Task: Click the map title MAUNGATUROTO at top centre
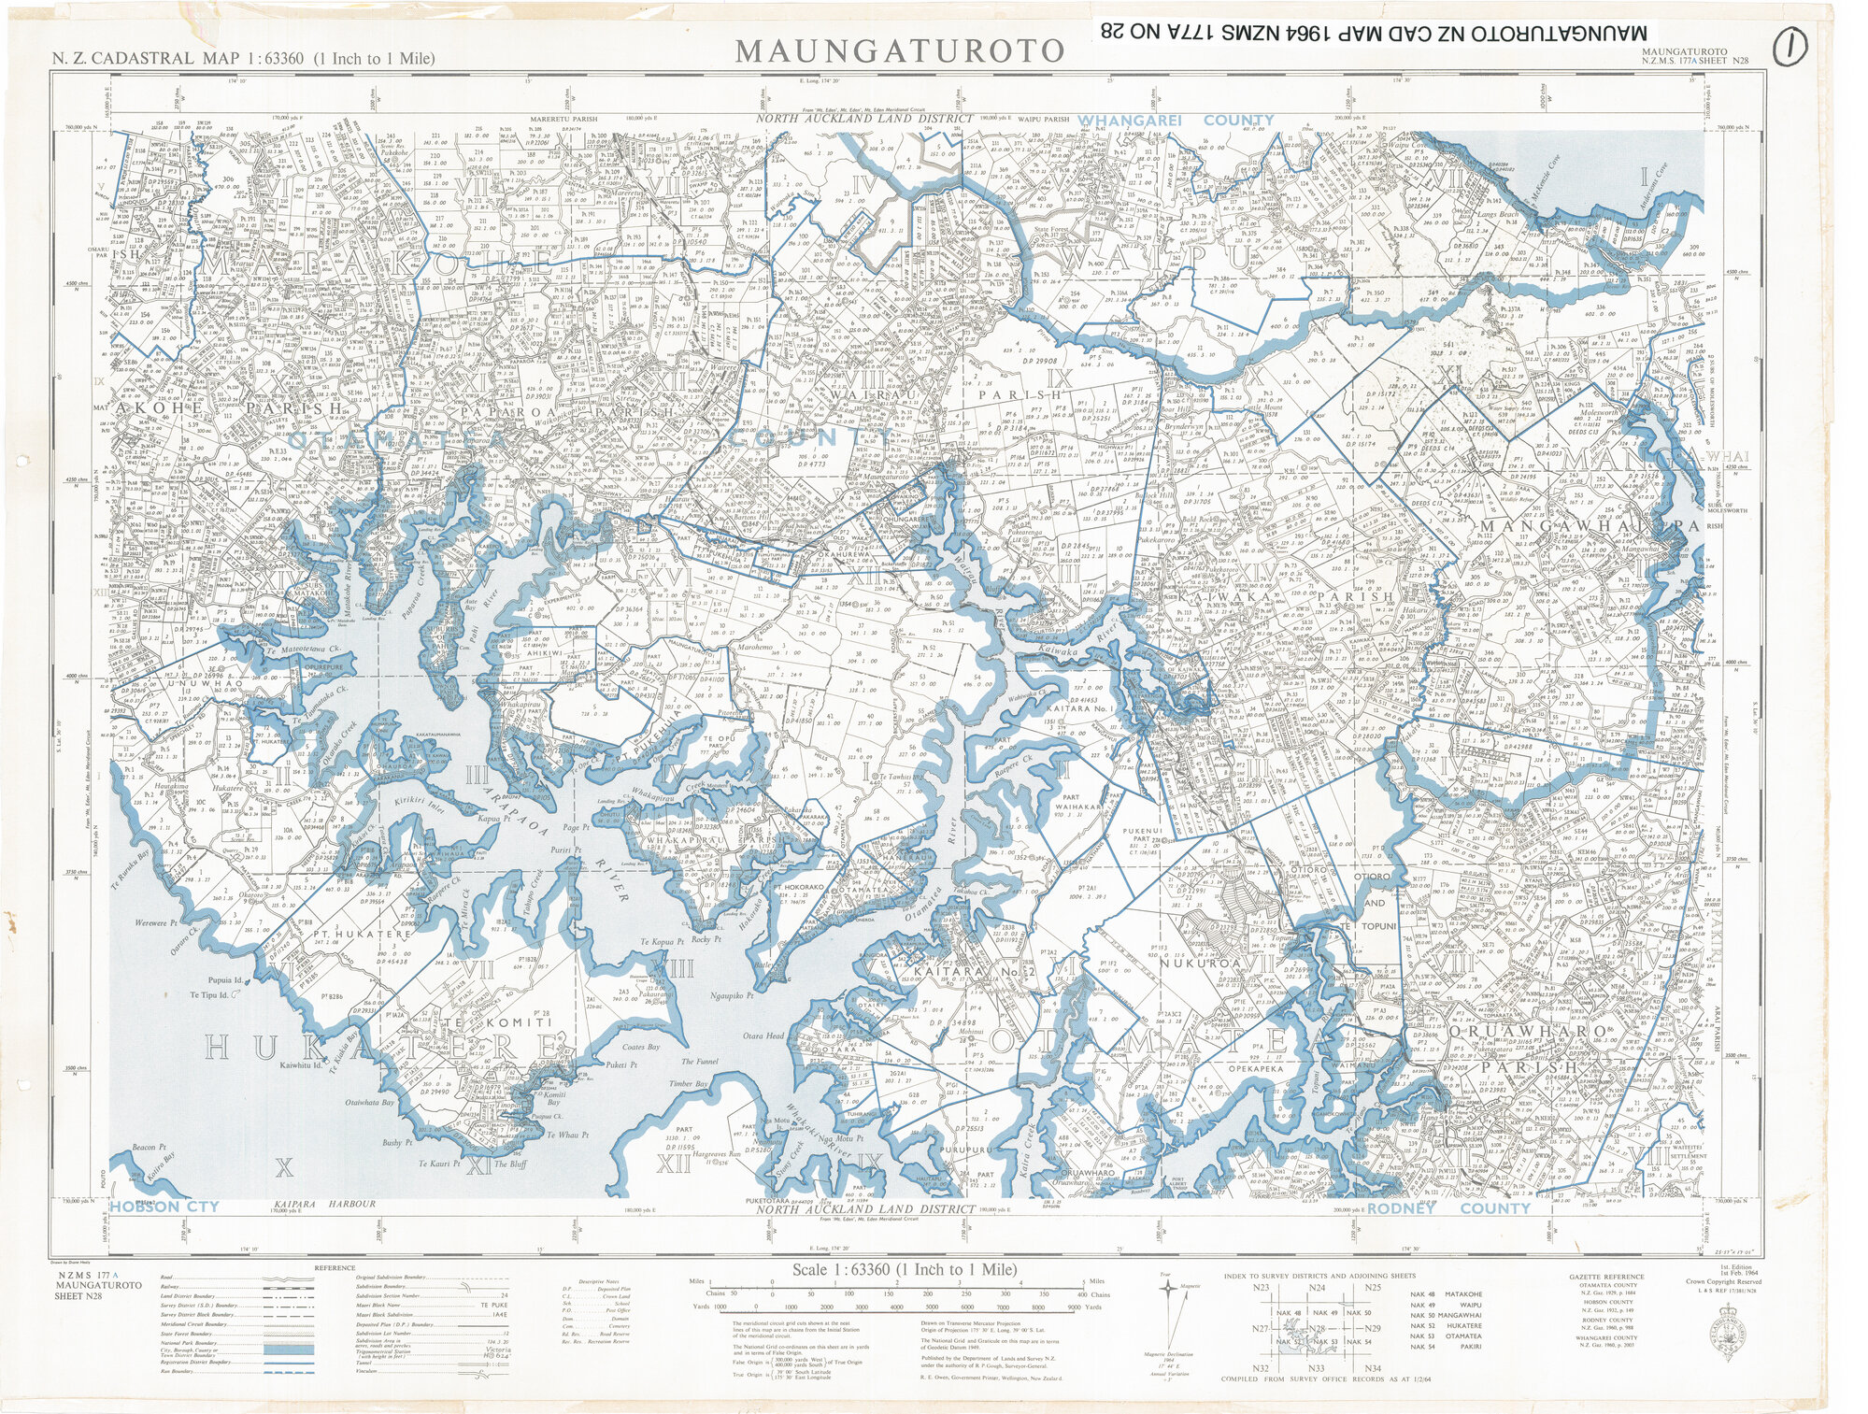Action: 899,50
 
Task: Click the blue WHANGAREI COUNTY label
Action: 1176,121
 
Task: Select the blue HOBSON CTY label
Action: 164,1207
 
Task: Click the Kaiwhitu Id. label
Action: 301,1064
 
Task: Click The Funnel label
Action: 700,1062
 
